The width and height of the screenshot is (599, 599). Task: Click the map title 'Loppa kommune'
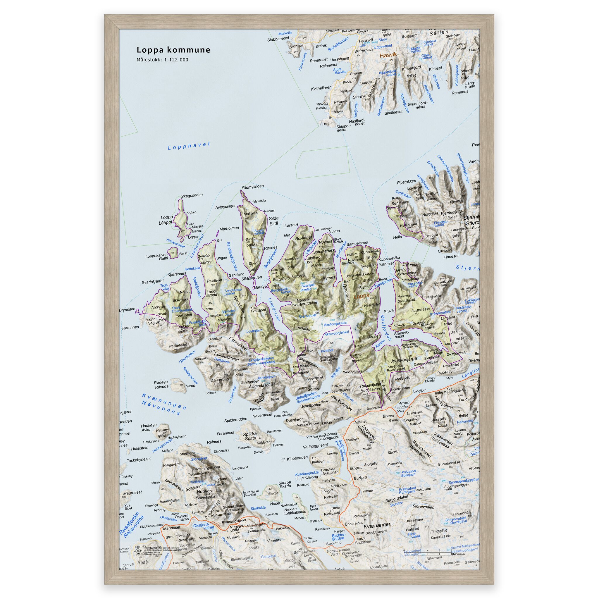click(174, 50)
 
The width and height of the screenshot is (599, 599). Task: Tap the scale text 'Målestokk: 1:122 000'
click(162, 60)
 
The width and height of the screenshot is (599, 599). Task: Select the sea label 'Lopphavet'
click(189, 146)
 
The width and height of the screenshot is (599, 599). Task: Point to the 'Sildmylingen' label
click(252, 186)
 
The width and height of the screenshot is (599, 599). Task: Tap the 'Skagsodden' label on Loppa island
click(192, 195)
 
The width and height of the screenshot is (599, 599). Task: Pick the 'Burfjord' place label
click(360, 478)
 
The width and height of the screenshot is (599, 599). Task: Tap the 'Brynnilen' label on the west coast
click(127, 309)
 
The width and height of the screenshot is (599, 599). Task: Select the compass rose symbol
click(138, 550)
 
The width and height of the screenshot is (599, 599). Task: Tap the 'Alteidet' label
click(361, 422)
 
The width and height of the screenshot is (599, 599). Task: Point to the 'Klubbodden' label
click(297, 457)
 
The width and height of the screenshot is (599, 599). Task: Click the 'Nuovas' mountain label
click(204, 491)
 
